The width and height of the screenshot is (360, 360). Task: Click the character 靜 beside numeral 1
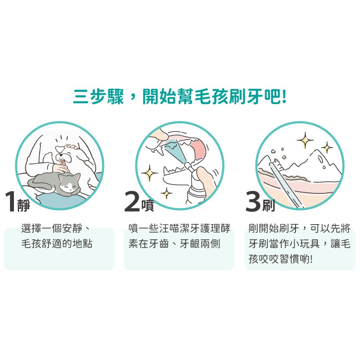pyautogui.click(x=24, y=205)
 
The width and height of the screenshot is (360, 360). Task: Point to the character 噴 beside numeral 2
pyautogui.click(x=148, y=205)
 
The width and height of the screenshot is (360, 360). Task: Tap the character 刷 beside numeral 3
pyautogui.click(x=269, y=205)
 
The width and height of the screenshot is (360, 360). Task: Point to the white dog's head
pyautogui.click(x=65, y=152)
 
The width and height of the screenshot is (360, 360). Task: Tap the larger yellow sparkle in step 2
pyautogui.click(x=149, y=173)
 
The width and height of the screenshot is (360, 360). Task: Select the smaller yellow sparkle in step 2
pyautogui.click(x=166, y=193)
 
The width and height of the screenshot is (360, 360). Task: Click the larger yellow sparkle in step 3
pyautogui.click(x=305, y=140)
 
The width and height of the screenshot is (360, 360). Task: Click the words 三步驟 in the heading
pyautogui.click(x=98, y=97)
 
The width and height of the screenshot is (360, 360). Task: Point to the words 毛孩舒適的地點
pyautogui.click(x=57, y=244)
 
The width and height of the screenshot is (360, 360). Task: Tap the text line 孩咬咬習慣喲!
pyautogui.click(x=281, y=259)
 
